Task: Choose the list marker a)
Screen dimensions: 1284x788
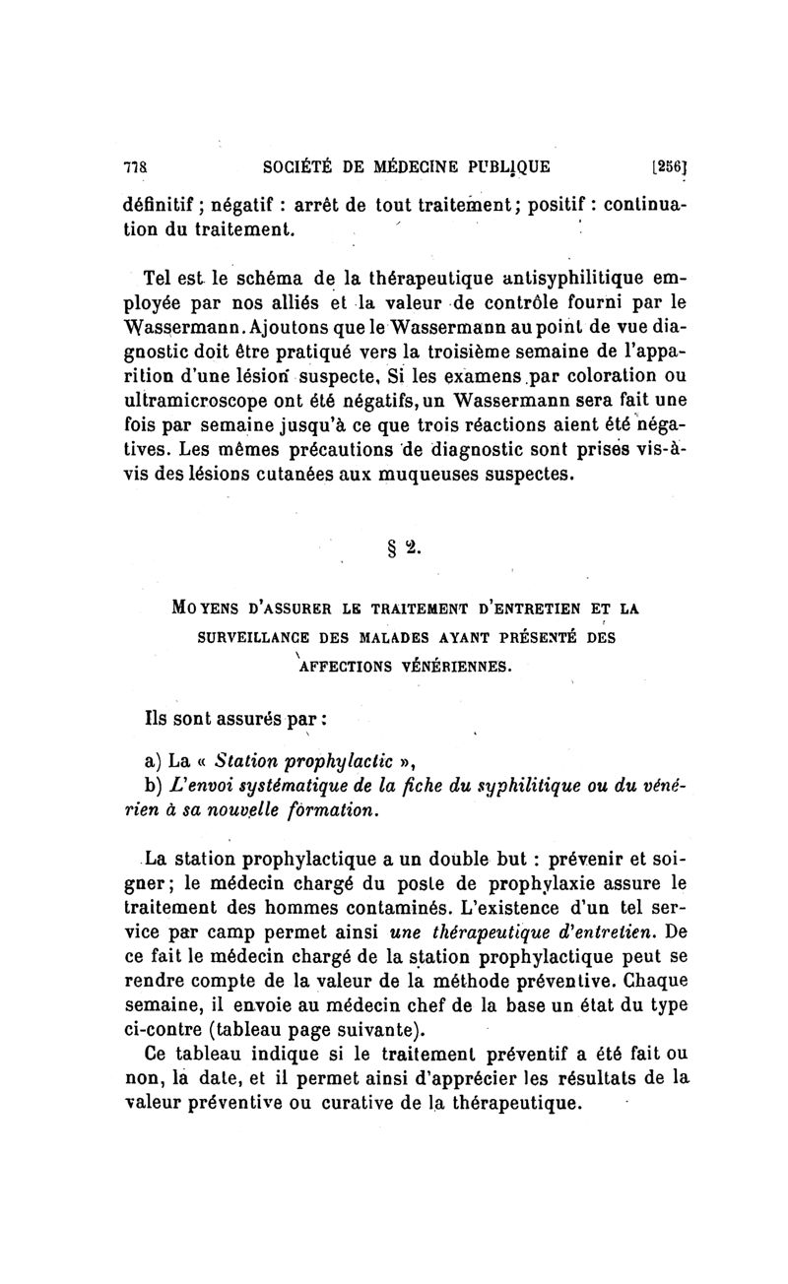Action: click(x=153, y=760)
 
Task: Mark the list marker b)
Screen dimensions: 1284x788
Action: click(x=153, y=786)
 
